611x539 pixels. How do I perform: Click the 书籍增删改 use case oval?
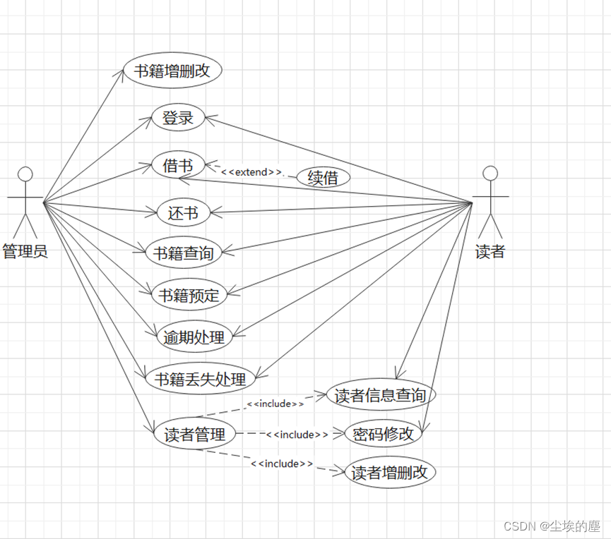coord(172,71)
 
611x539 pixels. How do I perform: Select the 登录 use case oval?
coord(178,118)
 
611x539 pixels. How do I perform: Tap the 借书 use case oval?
coord(178,166)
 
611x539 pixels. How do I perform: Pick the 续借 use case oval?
coord(323,177)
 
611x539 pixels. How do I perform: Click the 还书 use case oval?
coord(183,212)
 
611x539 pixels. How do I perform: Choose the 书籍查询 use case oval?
coord(183,252)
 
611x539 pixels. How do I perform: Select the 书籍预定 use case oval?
coord(189,295)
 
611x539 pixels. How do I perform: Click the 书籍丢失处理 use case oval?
coord(200,379)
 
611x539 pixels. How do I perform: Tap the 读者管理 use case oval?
coord(194,435)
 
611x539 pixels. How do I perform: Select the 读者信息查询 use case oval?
coord(380,395)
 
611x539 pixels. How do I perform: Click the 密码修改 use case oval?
coord(383,434)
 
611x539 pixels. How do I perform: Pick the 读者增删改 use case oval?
coord(389,472)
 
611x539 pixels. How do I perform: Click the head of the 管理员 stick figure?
coord(25,174)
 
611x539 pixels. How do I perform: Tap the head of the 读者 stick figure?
coord(490,172)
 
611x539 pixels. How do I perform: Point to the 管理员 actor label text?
coord(25,251)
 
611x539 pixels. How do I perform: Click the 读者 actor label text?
coord(490,251)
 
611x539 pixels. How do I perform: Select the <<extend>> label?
coord(251,171)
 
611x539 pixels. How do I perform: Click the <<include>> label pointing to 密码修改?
coord(297,435)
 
